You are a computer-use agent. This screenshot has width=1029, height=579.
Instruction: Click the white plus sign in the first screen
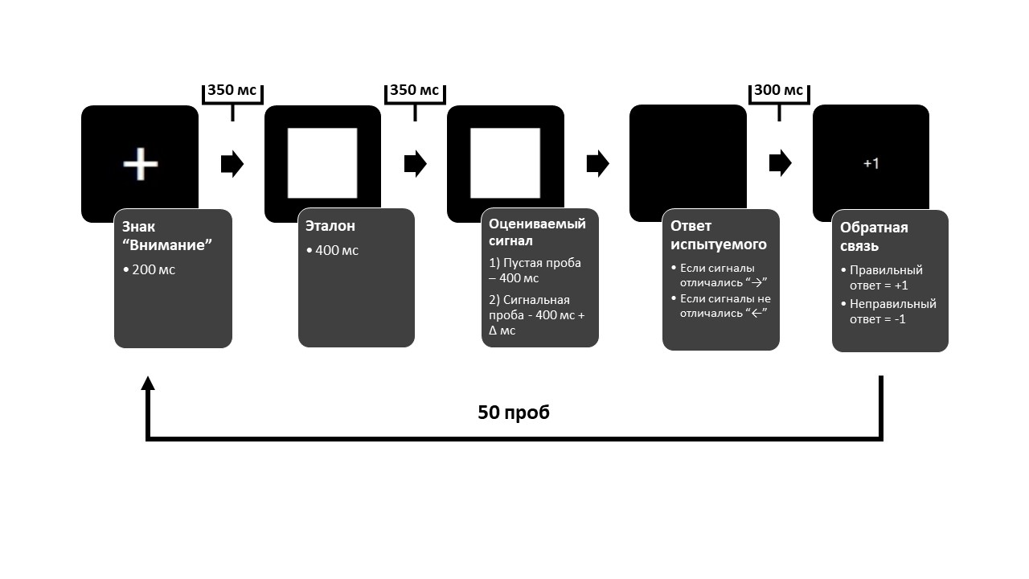[140, 164]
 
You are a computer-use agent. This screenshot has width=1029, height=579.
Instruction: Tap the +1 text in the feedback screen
[871, 163]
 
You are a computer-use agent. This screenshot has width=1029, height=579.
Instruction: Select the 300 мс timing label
[778, 90]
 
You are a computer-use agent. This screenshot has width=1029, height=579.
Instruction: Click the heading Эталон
[330, 227]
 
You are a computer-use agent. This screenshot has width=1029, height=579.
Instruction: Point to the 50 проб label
[514, 413]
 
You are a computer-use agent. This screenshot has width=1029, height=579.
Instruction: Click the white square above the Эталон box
[322, 163]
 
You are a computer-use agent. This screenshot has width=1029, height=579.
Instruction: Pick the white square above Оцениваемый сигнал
[505, 163]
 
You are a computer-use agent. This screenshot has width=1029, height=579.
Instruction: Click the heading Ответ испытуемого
[719, 235]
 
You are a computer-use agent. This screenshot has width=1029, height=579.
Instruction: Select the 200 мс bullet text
[153, 269]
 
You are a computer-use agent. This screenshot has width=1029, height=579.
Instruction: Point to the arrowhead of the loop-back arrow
[147, 384]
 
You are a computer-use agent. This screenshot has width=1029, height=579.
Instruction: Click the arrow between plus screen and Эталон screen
[232, 164]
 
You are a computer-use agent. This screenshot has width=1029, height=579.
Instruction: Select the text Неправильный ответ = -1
[892, 311]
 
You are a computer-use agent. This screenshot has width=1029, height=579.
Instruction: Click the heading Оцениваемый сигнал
[537, 232]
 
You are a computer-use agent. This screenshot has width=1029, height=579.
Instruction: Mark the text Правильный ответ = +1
[886, 277]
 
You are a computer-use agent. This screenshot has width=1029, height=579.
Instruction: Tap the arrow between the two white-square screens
[415, 164]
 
